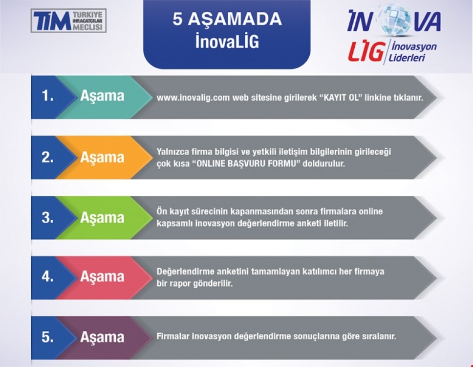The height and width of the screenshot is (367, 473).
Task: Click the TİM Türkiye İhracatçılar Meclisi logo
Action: point(68,21)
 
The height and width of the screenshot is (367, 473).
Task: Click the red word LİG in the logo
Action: point(366,51)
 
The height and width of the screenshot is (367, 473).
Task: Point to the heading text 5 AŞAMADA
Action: point(227,19)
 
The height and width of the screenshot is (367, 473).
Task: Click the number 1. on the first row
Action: point(48,96)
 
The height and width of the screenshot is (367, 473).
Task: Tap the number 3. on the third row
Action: point(48,217)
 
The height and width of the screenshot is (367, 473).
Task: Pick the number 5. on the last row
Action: point(48,337)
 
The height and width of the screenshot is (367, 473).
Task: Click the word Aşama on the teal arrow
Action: point(102,96)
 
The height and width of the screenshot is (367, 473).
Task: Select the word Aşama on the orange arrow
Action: point(102,158)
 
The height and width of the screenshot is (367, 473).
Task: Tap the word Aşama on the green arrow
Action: point(102,217)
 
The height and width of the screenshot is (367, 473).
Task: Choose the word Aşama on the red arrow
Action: point(102,276)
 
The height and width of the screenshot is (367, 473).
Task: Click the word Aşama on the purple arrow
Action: point(102,337)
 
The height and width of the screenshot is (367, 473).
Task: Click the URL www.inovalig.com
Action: point(193,98)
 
